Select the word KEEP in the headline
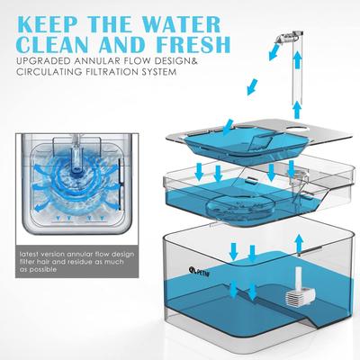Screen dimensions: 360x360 (45, 24)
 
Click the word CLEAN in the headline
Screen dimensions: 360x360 (53, 45)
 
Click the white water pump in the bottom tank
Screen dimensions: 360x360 (299, 286)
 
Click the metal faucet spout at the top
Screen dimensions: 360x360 (290, 37)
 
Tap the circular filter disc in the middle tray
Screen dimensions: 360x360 (235, 208)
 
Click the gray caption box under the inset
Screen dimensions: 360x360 (76, 261)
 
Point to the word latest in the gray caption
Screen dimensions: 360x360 (29, 254)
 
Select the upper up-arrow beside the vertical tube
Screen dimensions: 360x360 (297, 60)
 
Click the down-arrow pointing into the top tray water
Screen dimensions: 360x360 (229, 125)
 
